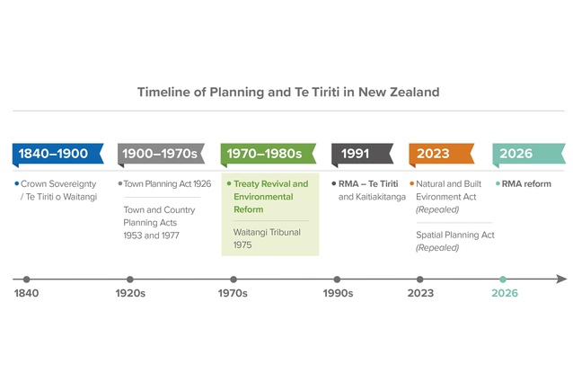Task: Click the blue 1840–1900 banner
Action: click(54, 154)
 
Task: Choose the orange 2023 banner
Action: click(435, 154)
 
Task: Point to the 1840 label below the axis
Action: click(27, 293)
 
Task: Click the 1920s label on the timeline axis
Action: click(130, 293)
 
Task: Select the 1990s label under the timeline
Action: click(338, 293)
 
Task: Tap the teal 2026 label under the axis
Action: click(503, 293)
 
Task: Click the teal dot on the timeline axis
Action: click(503, 280)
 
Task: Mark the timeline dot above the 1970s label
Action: click(234, 280)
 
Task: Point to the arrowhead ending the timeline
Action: click(561, 280)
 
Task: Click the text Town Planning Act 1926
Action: click(167, 183)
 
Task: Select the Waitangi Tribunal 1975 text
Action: click(267, 237)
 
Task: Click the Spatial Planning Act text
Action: click(454, 235)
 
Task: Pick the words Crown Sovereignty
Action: click(58, 183)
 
